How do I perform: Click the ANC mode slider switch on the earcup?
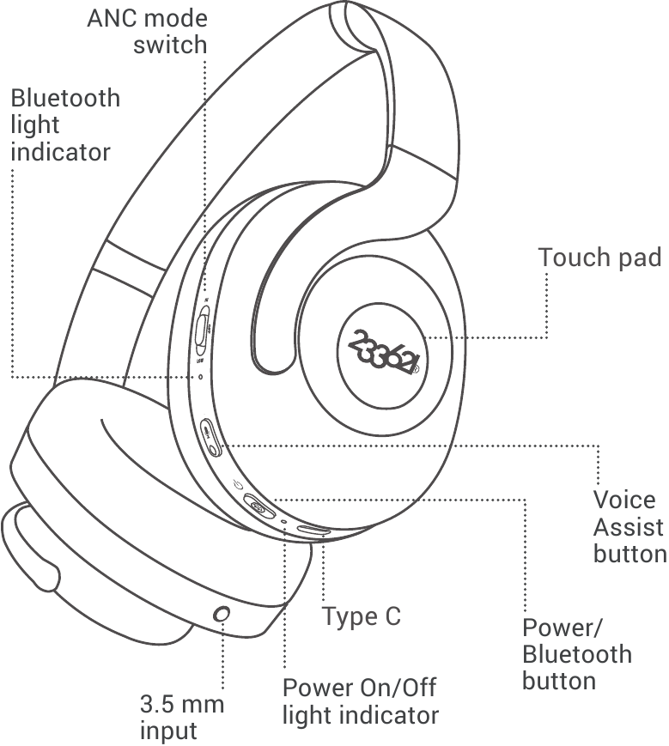pos(203,330)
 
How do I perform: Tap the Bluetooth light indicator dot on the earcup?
pos(201,376)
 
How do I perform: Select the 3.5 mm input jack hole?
pos(221,615)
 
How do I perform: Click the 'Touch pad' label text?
pos(599,257)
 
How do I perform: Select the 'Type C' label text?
pos(362,616)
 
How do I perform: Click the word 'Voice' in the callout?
pos(624,500)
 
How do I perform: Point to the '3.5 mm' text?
pos(182,705)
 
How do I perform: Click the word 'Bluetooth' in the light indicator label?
pos(65,98)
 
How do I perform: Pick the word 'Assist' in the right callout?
pos(628,526)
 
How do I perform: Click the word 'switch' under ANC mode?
pos(170,45)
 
